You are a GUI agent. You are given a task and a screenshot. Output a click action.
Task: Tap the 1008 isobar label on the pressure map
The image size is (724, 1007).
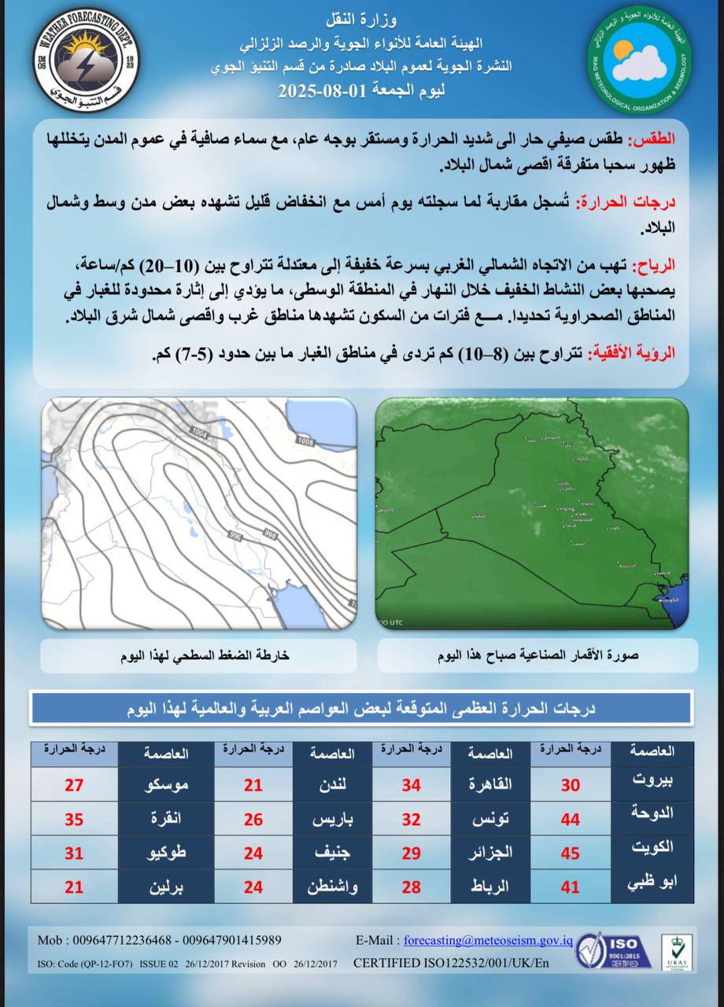(306, 442)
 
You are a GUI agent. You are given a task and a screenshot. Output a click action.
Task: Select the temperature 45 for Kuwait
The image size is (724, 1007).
(570, 853)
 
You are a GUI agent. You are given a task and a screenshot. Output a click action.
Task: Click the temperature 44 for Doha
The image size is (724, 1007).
(570, 819)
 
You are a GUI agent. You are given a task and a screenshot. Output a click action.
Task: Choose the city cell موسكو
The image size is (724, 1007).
(166, 784)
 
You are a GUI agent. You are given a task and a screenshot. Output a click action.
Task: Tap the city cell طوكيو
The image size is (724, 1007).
(166, 853)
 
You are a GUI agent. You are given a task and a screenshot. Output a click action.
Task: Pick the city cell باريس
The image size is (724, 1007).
(333, 819)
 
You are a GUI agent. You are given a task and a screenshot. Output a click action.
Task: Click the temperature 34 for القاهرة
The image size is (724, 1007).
(412, 784)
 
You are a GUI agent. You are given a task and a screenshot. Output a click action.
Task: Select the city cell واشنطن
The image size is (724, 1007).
(333, 887)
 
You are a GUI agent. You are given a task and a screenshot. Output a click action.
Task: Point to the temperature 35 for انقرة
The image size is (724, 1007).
(74, 819)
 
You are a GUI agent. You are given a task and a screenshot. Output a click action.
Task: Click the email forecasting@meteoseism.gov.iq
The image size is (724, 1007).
(488, 939)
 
